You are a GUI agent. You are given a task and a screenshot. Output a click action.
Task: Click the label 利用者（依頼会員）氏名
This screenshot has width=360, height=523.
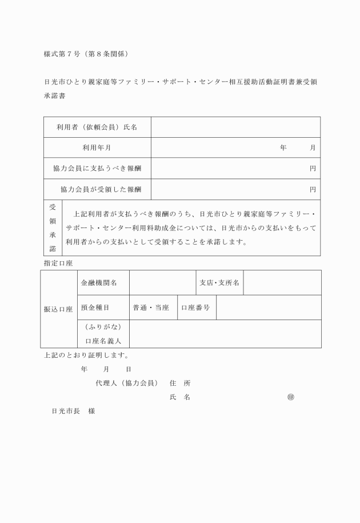[97, 127]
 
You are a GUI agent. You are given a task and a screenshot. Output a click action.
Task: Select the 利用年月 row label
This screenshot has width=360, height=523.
[97, 147]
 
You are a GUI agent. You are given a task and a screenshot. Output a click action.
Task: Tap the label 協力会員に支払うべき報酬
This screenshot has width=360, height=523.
[97, 168]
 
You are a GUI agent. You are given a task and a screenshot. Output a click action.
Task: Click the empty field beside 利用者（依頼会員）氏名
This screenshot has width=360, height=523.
[235, 127]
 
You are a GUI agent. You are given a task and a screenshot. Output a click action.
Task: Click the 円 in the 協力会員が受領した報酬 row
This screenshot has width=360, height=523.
[313, 189]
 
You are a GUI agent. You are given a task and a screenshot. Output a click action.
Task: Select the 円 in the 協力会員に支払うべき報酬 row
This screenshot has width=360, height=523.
[313, 168]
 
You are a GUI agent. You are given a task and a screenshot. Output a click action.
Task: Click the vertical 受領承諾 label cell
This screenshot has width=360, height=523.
[52, 227]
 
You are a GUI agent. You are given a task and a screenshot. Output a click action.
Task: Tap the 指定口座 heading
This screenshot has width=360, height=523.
[58, 262]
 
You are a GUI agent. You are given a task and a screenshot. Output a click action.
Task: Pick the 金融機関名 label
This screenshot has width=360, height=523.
[99, 282]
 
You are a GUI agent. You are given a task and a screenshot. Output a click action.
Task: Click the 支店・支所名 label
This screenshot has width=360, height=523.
[219, 282]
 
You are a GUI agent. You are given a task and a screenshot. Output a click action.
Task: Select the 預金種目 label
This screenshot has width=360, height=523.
[95, 308]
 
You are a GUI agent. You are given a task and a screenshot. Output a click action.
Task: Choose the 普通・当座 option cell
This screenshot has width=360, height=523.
[151, 308]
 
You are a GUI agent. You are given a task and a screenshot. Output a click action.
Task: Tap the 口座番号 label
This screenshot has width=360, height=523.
[195, 308]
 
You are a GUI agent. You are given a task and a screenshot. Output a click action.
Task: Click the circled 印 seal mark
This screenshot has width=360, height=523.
[290, 397]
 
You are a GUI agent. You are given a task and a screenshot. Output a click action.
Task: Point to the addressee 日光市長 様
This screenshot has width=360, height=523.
[73, 412]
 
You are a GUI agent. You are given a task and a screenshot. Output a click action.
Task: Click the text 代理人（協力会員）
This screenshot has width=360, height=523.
[126, 383]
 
